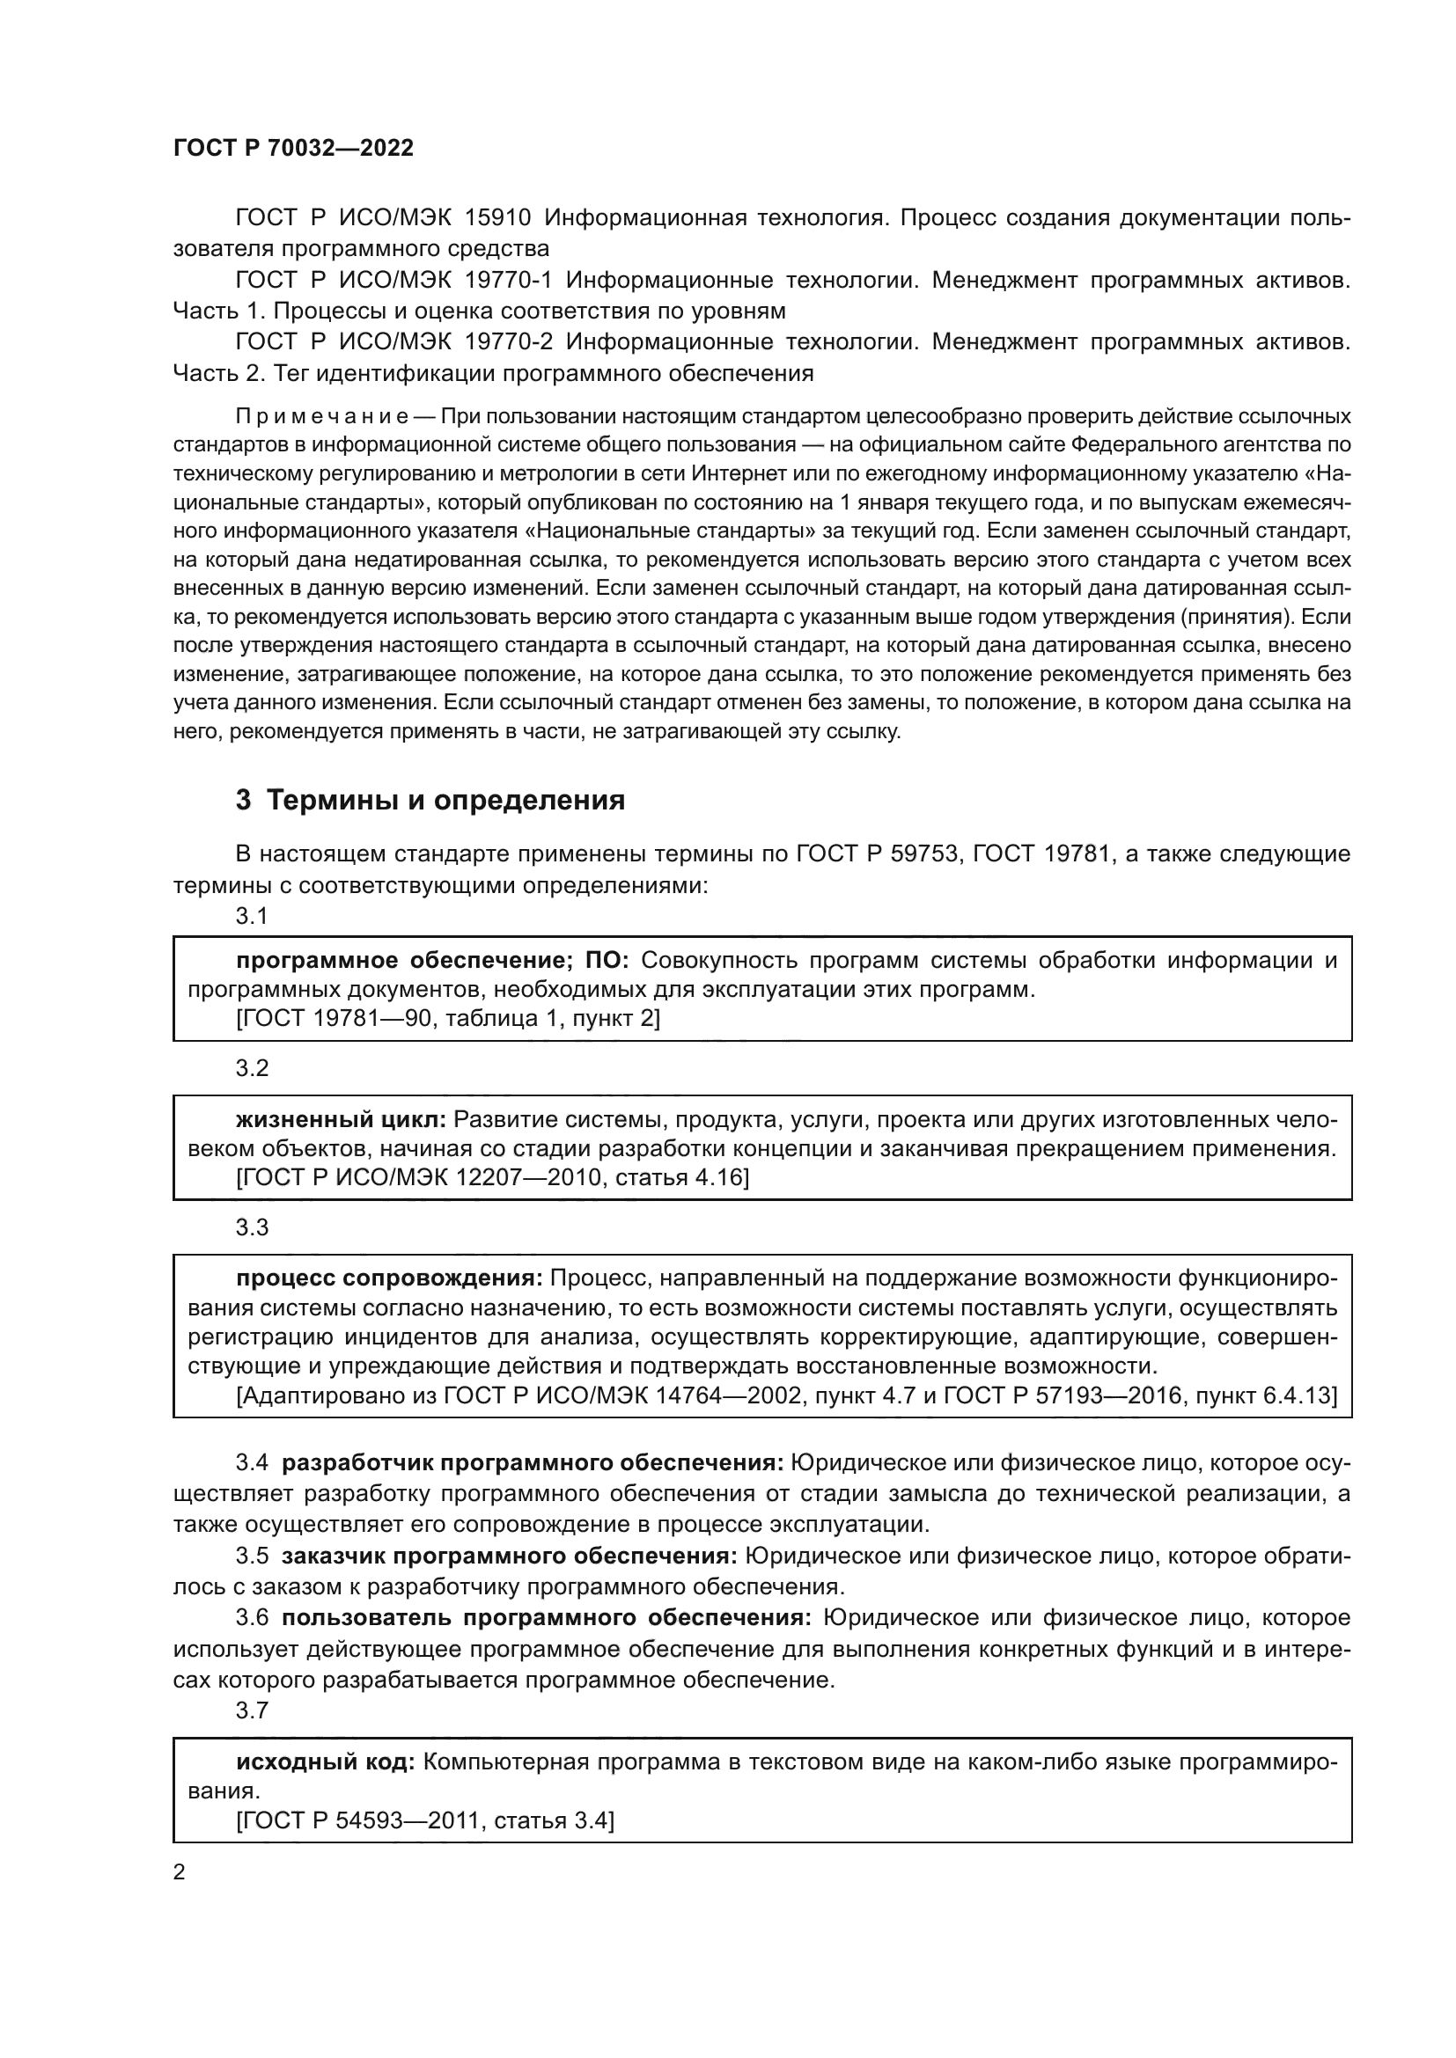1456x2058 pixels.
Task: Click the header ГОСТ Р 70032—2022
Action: (293, 149)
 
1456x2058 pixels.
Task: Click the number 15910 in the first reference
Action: (498, 218)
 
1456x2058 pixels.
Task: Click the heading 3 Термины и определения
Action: (430, 800)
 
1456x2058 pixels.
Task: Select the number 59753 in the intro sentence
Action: (925, 854)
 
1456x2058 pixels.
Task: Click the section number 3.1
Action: (252, 916)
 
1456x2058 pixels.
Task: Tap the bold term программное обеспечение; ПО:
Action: (432, 961)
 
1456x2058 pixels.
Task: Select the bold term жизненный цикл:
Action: (341, 1119)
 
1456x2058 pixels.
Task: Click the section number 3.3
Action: (252, 1227)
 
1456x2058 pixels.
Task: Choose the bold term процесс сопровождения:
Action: (389, 1278)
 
